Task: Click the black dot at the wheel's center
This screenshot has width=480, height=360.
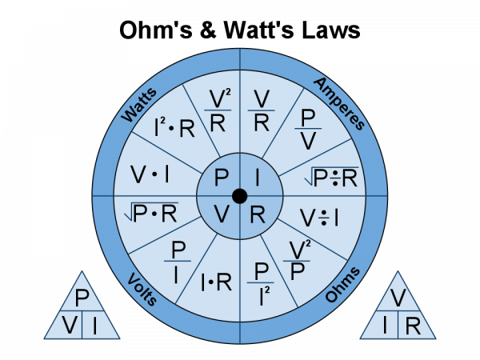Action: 240,196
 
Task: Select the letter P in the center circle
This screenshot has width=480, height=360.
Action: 222,178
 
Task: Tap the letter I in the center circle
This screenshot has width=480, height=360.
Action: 257,178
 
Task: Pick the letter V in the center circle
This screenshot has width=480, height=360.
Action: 222,214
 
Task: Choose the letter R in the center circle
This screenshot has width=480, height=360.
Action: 258,214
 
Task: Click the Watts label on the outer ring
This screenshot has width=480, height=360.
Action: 139,106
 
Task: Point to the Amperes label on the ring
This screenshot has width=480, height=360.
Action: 339,104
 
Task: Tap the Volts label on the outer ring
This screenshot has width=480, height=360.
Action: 142,289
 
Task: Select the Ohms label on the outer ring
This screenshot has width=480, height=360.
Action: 342,285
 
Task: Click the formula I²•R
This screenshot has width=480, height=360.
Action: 174,128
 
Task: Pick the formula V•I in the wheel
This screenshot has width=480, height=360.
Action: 150,174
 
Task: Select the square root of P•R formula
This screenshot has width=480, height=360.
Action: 151,212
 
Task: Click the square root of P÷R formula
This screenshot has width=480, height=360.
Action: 331,177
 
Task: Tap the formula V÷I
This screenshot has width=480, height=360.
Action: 319,218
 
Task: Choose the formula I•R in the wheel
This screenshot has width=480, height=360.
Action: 216,282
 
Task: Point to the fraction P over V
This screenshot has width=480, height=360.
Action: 308,129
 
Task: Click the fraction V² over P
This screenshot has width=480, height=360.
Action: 297,261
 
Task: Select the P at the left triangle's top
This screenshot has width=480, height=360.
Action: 82,298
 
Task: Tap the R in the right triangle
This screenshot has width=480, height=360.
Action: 413,326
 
